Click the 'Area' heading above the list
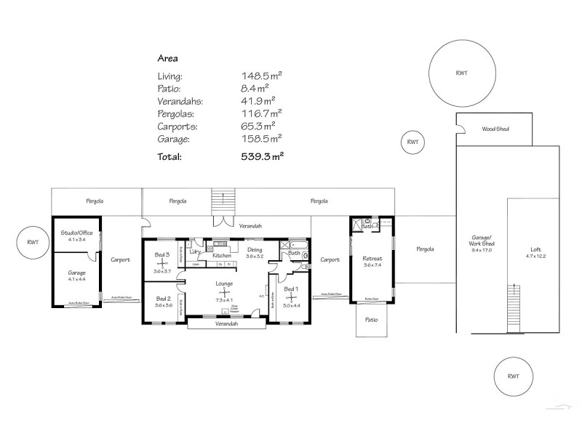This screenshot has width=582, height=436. (168, 57)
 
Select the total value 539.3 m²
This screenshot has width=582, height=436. (262, 156)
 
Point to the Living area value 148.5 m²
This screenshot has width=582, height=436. (262, 76)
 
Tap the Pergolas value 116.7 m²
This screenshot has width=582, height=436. (262, 113)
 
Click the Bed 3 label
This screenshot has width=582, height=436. (162, 255)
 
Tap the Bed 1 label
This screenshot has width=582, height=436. (291, 290)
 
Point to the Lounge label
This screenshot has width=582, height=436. (223, 283)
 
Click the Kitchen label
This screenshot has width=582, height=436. (222, 256)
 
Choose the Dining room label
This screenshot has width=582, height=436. (254, 250)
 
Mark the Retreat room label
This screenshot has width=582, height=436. (372, 259)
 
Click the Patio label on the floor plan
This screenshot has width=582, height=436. (371, 319)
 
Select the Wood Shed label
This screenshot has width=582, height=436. (495, 129)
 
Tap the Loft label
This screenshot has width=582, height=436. (535, 249)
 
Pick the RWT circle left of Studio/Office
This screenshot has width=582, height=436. (32, 242)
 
